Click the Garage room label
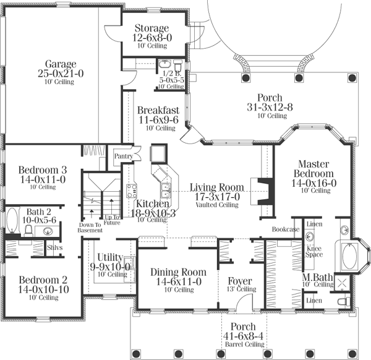click(x=60, y=64)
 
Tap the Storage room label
click(x=151, y=28)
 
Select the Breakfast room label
click(x=158, y=110)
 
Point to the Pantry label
click(x=123, y=156)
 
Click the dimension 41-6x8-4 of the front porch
click(x=247, y=336)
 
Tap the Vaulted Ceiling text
click(x=216, y=204)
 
